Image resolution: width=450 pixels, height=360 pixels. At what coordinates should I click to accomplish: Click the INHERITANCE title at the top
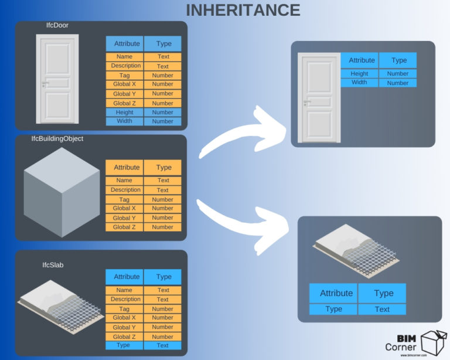pyautogui.click(x=243, y=10)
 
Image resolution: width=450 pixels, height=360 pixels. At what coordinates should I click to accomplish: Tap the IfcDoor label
pyautogui.click(x=57, y=26)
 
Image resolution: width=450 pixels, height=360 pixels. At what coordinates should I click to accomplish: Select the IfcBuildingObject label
pyautogui.click(x=57, y=138)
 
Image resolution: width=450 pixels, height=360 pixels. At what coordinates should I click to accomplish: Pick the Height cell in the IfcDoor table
pyautogui.click(x=124, y=112)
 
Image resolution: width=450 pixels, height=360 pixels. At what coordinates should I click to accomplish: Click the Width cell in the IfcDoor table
pyautogui.click(x=124, y=121)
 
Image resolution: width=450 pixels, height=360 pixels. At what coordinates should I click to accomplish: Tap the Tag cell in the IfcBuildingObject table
pyautogui.click(x=124, y=199)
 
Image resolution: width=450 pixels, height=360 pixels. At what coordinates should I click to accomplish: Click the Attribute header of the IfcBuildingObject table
pyautogui.click(x=127, y=167)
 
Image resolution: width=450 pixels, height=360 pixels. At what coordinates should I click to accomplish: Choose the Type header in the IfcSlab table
pyautogui.click(x=163, y=277)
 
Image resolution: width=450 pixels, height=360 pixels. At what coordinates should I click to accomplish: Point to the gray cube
pyautogui.click(x=62, y=194)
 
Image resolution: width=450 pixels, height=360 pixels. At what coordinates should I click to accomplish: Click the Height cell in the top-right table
pyautogui.click(x=359, y=74)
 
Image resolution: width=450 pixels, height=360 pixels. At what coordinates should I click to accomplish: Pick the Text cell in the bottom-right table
pyautogui.click(x=382, y=309)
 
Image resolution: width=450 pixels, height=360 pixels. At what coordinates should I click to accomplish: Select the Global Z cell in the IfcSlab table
pyautogui.click(x=124, y=337)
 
